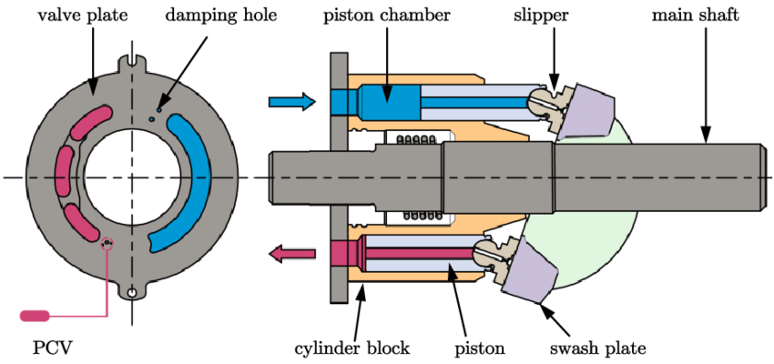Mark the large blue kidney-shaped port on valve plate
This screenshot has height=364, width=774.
click(x=192, y=182)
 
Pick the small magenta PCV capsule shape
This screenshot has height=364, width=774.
click(x=35, y=316)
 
